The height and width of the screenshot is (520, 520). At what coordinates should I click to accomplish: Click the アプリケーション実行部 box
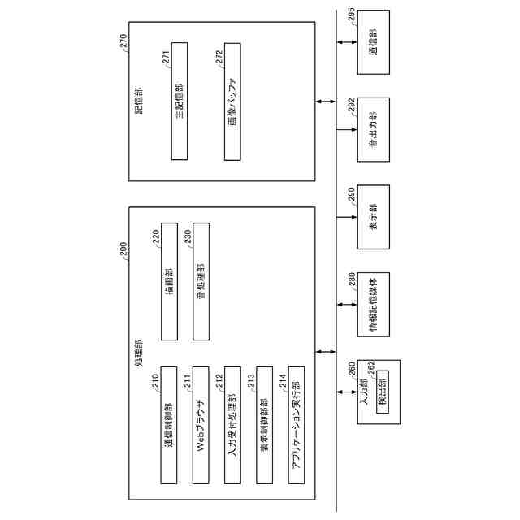[296, 424]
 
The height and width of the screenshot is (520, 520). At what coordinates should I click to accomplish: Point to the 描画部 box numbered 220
[169, 281]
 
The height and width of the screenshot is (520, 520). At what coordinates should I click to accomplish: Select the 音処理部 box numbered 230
[201, 281]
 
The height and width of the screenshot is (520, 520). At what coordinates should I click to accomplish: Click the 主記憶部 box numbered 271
[179, 101]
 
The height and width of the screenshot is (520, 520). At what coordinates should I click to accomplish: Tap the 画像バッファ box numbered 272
[232, 101]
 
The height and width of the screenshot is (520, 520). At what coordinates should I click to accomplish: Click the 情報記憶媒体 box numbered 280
[374, 305]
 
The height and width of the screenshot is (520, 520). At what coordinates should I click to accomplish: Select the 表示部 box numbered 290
[374, 217]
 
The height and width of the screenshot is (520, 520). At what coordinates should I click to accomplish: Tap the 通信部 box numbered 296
[374, 41]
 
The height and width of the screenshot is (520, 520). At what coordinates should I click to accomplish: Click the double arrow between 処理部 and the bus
[327, 351]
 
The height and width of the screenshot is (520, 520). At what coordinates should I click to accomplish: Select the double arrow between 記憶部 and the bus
[327, 101]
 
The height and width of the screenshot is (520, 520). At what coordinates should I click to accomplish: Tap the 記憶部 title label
[139, 101]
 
